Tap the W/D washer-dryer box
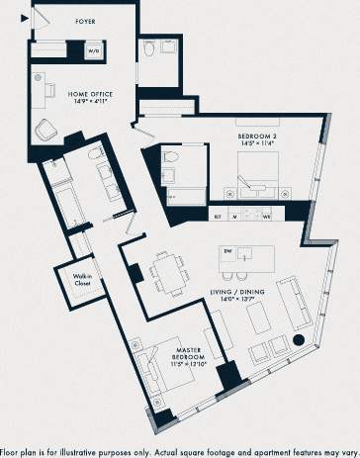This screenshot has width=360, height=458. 94,48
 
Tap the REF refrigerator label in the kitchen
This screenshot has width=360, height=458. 217,216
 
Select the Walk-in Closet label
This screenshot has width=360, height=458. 84,280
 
